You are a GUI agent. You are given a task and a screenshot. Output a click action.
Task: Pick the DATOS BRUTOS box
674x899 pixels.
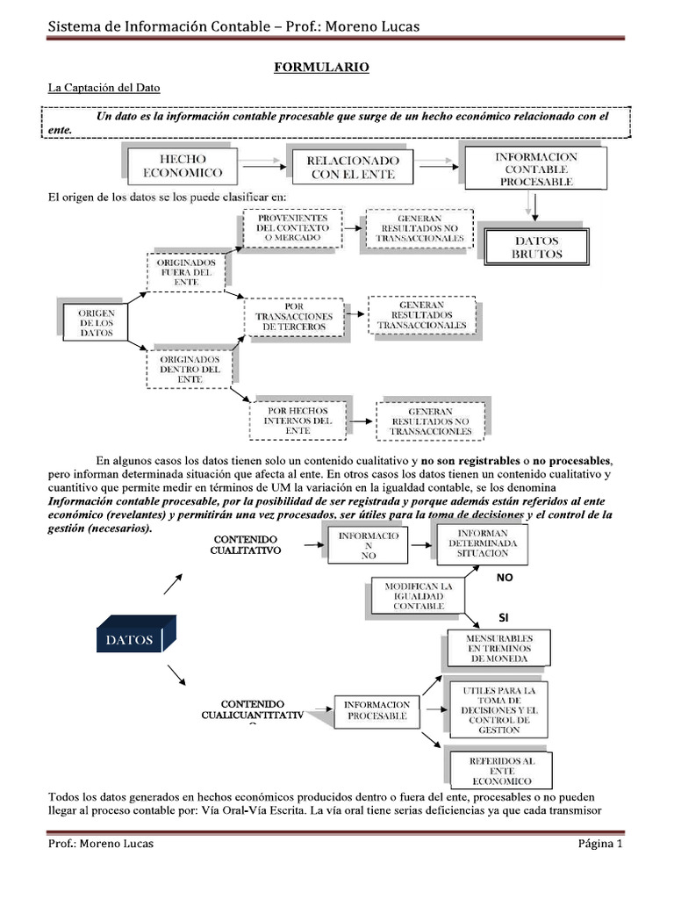coord(537,246)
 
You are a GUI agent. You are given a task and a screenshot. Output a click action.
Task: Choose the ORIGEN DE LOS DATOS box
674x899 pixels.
coord(96,323)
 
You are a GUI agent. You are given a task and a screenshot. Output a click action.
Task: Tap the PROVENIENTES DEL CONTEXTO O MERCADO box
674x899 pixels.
coord(292,227)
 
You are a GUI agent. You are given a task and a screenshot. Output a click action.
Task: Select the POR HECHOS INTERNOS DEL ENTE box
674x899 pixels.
coord(298,420)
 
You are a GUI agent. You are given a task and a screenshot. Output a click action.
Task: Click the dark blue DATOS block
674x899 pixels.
coord(131,639)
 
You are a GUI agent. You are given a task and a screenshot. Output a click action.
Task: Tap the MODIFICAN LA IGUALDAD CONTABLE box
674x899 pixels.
coord(412,595)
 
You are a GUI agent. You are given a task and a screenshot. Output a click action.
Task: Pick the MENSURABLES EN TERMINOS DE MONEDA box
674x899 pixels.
coord(498,646)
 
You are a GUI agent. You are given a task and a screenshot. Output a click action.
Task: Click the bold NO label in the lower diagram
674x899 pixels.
coord(503,579)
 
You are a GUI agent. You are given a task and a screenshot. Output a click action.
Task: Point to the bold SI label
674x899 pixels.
coord(503,617)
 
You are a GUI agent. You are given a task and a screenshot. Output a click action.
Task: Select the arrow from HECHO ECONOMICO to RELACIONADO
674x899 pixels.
coord(258,164)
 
